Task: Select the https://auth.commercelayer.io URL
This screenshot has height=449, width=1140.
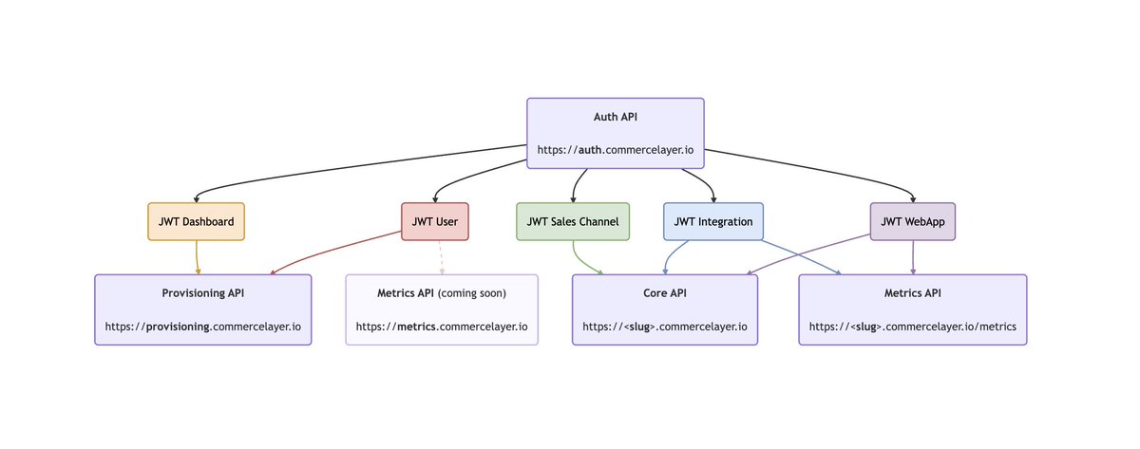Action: pos(616,150)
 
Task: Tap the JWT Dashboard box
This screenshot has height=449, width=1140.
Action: pos(197,221)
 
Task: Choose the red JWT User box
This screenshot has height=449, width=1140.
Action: pos(434,221)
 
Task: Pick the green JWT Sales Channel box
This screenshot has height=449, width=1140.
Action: pos(573,221)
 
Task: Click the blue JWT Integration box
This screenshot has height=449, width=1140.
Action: pos(712,221)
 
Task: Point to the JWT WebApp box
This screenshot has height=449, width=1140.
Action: pos(913,221)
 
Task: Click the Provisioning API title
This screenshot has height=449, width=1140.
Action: pos(203,293)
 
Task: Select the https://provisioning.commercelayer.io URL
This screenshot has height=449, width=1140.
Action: pos(203,327)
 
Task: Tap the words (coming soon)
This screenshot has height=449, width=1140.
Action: pos(472,293)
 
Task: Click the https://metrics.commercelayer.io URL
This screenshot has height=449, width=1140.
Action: pos(442,327)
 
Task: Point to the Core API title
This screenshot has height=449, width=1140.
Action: pos(665,293)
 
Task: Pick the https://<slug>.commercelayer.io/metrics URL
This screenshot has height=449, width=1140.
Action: pos(913,327)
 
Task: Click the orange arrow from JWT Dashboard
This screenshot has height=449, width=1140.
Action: pos(197,257)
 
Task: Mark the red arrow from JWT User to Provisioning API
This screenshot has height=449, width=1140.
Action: pos(342,253)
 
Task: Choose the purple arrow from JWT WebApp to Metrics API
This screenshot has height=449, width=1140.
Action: pos(913,257)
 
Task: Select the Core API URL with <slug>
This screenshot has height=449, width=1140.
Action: pos(665,327)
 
